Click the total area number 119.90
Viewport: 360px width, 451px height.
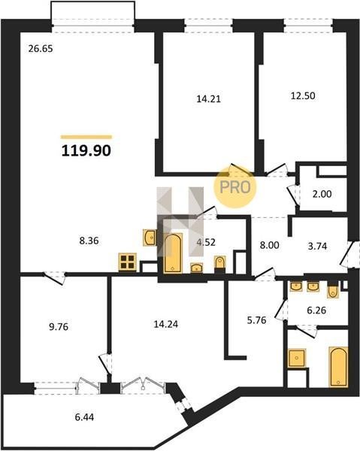coord(86,151)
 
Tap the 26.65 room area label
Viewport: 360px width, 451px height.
coord(41,49)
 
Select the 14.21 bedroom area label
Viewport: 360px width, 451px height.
coord(208,99)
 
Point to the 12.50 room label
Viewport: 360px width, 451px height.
coord(303,95)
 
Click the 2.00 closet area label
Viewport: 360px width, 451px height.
coord(322,194)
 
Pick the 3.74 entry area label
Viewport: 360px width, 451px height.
coord(317,247)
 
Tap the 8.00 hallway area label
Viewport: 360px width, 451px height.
coord(269,245)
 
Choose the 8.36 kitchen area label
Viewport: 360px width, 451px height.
coord(89,241)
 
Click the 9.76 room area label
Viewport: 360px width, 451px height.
coord(59,327)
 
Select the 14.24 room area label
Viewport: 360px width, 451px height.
coord(166,324)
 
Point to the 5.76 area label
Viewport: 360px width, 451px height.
coord(256,320)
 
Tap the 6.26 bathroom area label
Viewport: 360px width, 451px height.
coord(316,310)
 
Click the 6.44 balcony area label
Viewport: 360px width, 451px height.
coord(84,416)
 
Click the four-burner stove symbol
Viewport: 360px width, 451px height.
coord(127,262)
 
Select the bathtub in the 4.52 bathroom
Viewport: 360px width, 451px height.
coord(173,253)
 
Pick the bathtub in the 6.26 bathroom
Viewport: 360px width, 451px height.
coord(338,367)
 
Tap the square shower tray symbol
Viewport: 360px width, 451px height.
coord(296,358)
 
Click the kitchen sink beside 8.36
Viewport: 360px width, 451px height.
coord(150,238)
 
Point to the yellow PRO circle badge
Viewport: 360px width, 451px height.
coord(234,187)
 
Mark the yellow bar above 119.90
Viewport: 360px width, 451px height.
coord(86,137)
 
